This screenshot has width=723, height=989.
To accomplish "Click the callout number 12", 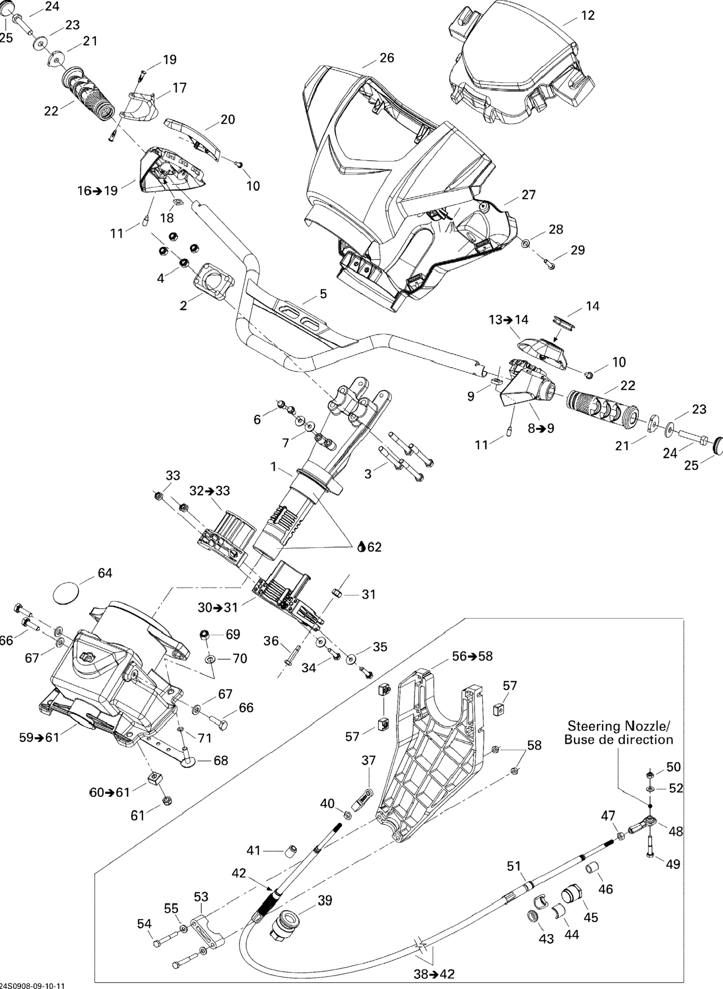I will click(588, 15).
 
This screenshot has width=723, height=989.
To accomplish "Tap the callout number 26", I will click(387, 58).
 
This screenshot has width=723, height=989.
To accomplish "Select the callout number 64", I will click(105, 573).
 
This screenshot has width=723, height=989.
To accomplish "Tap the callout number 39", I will click(325, 900).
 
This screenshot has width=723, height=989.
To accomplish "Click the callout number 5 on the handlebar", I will click(323, 294).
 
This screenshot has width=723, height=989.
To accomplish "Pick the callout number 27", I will click(529, 195).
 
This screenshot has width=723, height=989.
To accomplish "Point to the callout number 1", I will click(274, 467).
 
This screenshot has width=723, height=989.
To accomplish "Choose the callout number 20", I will click(228, 120).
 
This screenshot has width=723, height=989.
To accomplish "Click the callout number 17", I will click(180, 88).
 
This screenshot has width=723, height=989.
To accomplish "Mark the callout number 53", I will click(201, 897).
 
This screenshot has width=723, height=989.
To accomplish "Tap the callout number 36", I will click(271, 641).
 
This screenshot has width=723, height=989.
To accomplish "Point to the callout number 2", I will click(183, 305).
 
